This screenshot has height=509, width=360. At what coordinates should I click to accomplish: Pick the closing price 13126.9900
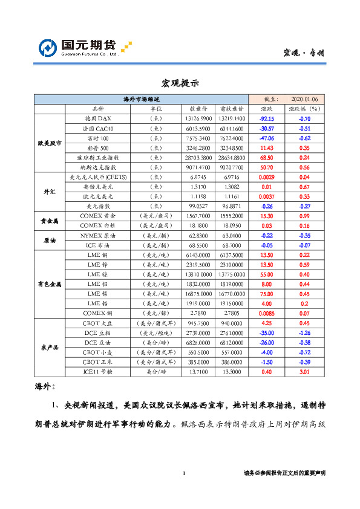[x=198, y=118]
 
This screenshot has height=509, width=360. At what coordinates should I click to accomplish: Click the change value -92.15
[x=267, y=118]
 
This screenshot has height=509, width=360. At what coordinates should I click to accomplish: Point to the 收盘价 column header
[x=198, y=109]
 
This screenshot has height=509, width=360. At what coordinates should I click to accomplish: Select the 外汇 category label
[x=49, y=191]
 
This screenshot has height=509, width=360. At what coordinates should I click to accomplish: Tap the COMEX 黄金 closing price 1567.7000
[x=198, y=215]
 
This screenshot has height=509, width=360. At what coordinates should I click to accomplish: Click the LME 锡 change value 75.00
[x=267, y=293]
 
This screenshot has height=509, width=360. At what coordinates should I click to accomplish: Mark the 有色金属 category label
[x=49, y=283]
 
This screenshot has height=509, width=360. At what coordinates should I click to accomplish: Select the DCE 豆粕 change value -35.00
[x=267, y=332]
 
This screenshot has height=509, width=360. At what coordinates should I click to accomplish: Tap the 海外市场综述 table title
[x=141, y=99]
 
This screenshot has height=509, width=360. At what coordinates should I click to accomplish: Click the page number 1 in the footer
[x=183, y=473]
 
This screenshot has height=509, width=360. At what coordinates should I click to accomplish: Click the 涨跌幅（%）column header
[x=305, y=109]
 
